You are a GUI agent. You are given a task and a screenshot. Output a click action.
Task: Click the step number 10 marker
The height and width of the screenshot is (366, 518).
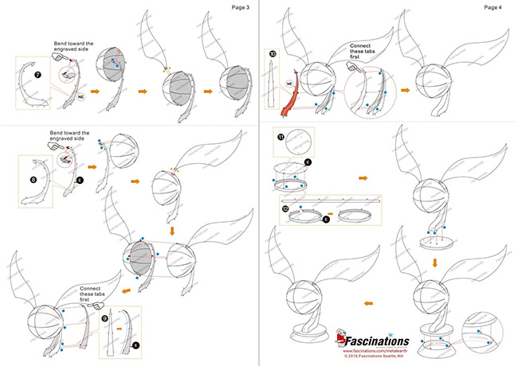(x=273, y=54)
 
